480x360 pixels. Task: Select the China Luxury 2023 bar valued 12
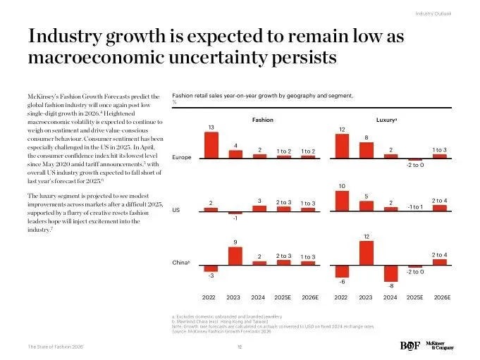366,253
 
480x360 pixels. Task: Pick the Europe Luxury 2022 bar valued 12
342,146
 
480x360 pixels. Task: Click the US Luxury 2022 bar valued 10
342,201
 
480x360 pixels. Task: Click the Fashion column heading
262,120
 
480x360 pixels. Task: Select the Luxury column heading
386,120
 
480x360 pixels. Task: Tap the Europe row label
182,157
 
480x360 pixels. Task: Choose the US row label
176,210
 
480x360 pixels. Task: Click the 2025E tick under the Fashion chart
283,298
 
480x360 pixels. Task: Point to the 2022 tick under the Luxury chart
342,298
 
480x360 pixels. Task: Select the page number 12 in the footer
239,347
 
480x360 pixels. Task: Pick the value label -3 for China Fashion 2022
210,275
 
